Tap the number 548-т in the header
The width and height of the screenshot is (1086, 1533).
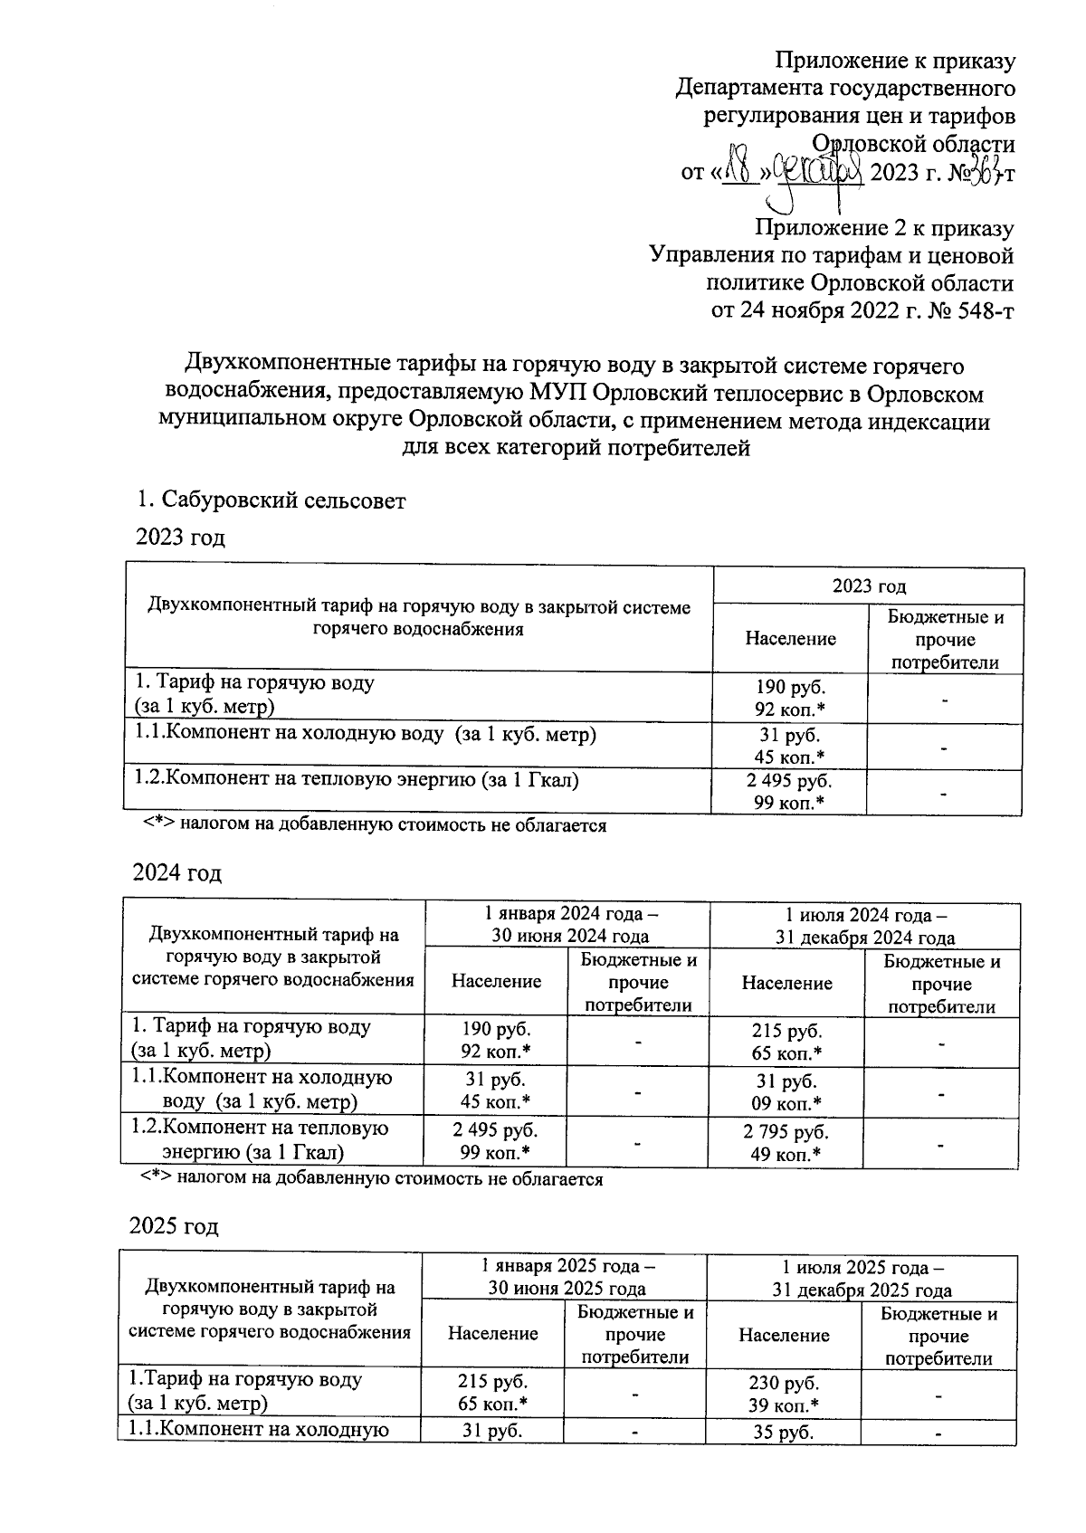tap(977, 311)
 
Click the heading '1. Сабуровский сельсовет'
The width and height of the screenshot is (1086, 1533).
tap(271, 500)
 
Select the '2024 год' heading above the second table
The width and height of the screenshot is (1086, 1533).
tap(177, 873)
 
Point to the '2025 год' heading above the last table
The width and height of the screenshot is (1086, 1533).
tap(175, 1226)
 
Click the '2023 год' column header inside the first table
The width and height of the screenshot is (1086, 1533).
tap(869, 586)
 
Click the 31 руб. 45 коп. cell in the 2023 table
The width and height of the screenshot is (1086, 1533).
tap(789, 746)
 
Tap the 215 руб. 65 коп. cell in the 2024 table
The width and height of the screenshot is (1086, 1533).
tap(786, 1041)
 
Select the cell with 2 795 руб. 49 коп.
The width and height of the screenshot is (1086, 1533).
tap(786, 1142)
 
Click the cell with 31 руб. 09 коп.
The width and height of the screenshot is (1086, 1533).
tap(786, 1091)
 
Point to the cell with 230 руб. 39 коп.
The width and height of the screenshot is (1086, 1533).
tap(784, 1393)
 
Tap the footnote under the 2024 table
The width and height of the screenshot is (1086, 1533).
tap(371, 1179)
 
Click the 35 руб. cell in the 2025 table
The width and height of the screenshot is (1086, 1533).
tap(784, 1433)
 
